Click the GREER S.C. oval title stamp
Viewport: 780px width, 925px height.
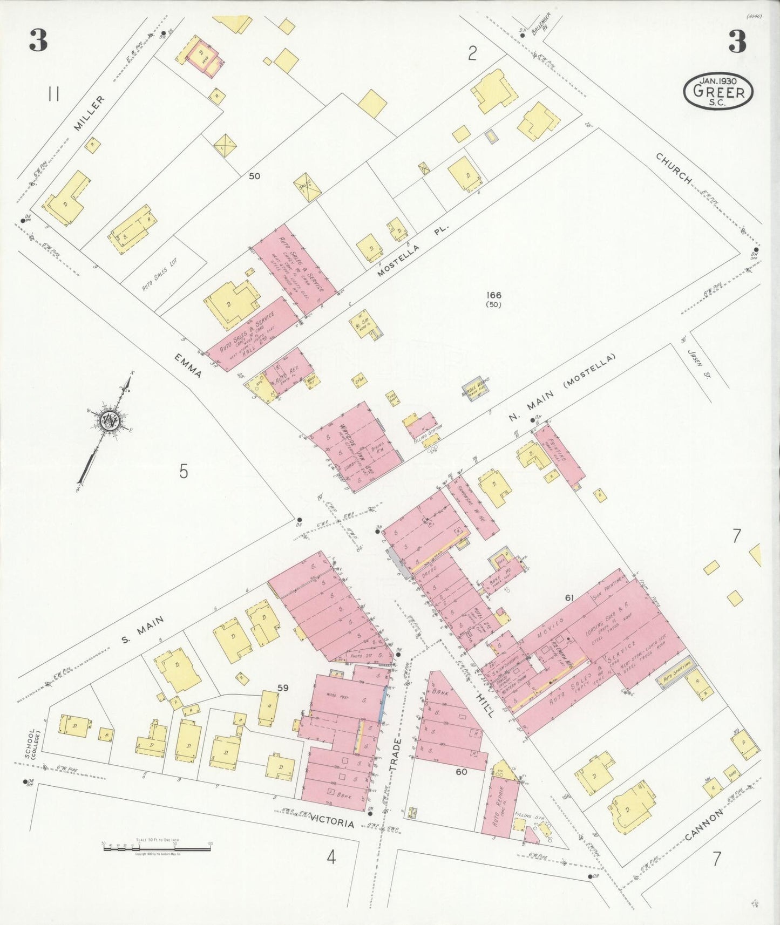[x=718, y=91]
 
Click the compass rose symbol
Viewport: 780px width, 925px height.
[x=111, y=419]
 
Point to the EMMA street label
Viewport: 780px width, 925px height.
[x=188, y=366]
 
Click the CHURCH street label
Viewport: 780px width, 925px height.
[x=673, y=168]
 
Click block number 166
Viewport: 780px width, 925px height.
[x=493, y=295]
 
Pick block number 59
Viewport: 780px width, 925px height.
[x=283, y=688]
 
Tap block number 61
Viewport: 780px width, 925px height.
[x=569, y=597]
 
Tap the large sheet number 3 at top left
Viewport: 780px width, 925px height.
[x=38, y=41]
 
